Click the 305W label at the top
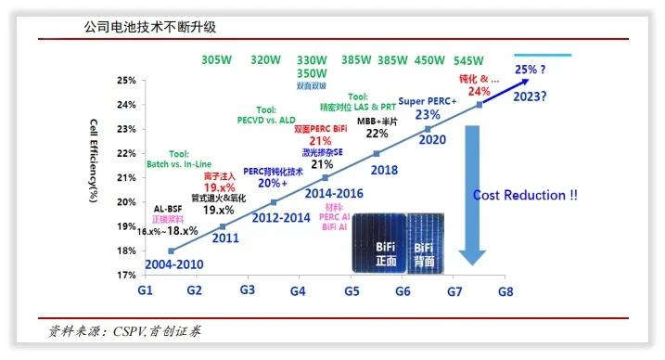pos(216,60)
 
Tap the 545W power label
pos(468,60)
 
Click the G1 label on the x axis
pos(145,290)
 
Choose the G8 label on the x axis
pos(505,290)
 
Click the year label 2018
pos(383,170)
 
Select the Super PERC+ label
pos(428,100)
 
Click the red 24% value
pos(479,91)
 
